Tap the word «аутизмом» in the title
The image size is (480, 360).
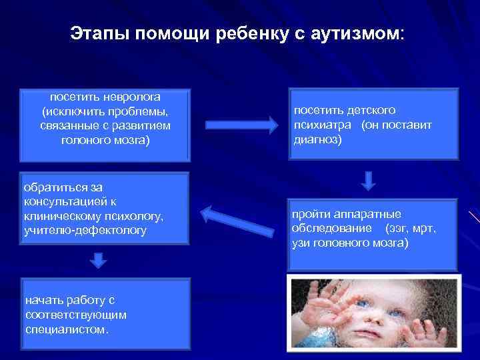click(357, 33)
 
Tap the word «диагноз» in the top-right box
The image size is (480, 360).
click(317, 139)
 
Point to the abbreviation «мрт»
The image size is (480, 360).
click(423, 229)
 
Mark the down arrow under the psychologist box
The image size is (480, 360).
click(98, 259)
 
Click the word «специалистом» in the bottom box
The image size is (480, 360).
click(65, 329)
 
